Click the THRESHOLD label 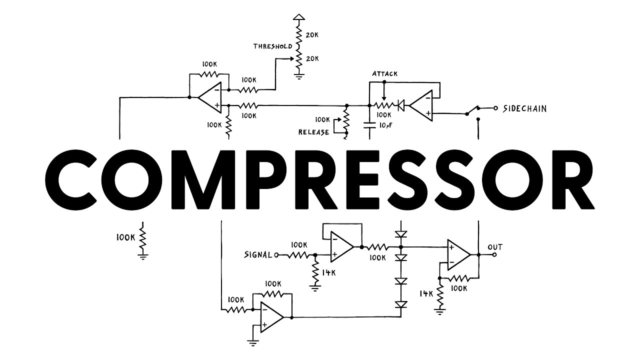(x=272, y=46)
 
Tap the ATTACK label (x=385, y=73)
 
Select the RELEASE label (x=313, y=132)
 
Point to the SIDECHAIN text (x=525, y=108)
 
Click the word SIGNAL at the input (x=258, y=254)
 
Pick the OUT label (x=495, y=247)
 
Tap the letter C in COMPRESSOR (x=75, y=179)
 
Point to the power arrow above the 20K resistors (x=299, y=17)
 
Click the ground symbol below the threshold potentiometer (x=299, y=76)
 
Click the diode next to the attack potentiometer (x=401, y=105)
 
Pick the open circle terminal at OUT (x=494, y=255)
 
